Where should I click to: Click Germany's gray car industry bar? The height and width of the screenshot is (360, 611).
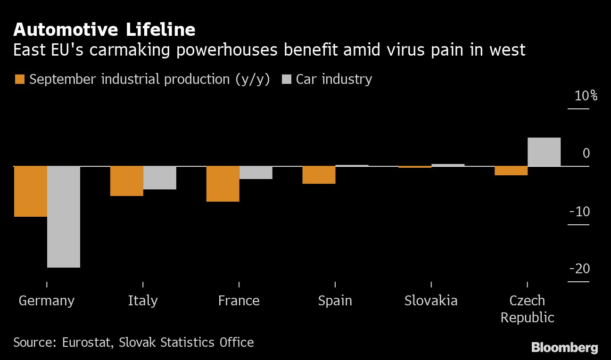pos(64,217)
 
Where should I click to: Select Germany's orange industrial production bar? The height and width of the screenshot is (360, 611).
pos(31,191)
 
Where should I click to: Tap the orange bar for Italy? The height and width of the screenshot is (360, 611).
pos(127,181)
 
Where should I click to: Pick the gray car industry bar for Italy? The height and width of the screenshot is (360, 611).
pos(160,178)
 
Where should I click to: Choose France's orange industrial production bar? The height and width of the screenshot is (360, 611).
pos(223,184)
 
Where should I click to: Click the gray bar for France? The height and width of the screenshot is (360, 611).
pos(256,172)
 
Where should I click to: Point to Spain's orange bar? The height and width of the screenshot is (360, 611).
pos(319,175)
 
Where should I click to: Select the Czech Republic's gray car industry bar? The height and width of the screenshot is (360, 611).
pos(544,152)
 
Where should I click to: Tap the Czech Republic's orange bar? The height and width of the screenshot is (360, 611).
pos(511,171)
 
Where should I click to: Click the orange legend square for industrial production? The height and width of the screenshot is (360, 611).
pos(19,79)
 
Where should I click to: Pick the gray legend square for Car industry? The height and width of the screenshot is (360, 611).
pos(286,79)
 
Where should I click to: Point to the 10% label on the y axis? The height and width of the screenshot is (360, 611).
pos(586,96)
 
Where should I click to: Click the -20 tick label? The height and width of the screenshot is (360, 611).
pos(580,269)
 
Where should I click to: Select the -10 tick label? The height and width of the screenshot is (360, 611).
pos(580,212)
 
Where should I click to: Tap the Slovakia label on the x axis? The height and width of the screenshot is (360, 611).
pos(431,301)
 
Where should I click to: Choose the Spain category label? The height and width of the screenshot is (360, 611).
pos(335,301)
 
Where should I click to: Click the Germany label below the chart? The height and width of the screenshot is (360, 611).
pos(47,301)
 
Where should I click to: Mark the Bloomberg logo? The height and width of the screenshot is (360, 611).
pos(565,348)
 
